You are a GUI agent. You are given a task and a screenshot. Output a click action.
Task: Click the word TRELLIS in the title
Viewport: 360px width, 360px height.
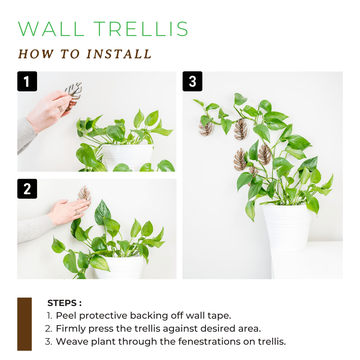[144, 29]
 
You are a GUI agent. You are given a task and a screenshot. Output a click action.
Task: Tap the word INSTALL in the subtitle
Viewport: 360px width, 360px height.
[119, 54]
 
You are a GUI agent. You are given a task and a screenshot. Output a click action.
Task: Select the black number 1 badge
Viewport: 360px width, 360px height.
[27, 81]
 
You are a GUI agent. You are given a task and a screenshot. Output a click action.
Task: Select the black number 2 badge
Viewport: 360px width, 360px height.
[27, 189]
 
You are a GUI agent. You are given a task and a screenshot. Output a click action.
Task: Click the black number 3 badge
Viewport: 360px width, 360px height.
[192, 81]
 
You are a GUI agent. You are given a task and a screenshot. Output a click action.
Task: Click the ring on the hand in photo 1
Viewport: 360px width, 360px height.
[61, 109]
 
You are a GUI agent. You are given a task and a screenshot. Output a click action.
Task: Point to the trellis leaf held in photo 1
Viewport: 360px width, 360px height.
[73, 93]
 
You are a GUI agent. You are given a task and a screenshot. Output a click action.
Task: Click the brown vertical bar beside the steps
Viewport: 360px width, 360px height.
[24, 324]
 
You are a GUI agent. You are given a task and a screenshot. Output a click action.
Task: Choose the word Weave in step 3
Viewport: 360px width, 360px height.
[69, 341]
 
